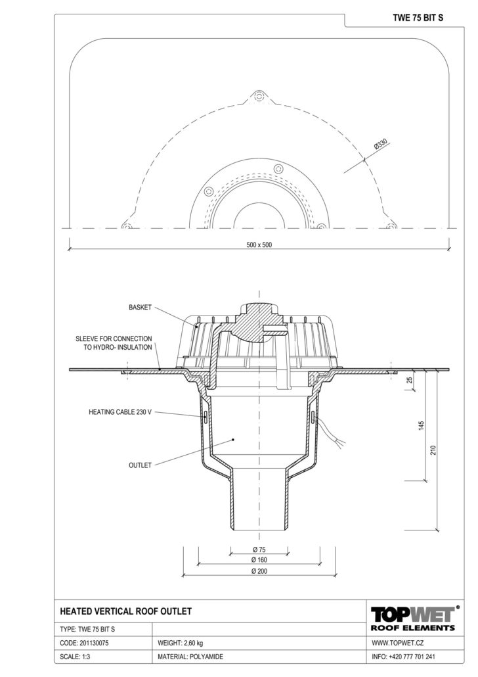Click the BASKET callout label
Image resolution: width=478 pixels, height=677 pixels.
click(141, 308)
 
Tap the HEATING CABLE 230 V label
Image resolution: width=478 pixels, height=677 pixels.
click(120, 412)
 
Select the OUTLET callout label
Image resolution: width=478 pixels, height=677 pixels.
click(141, 465)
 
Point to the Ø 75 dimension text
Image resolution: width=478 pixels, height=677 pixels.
click(259, 549)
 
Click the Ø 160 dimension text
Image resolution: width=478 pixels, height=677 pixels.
click(259, 560)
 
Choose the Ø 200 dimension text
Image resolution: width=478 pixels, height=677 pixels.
click(259, 571)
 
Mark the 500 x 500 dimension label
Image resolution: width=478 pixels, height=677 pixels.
click(259, 245)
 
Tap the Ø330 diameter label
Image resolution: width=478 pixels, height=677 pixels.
click(381, 145)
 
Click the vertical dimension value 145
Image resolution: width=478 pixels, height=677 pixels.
click(422, 426)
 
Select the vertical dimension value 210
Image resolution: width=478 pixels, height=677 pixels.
click(433, 450)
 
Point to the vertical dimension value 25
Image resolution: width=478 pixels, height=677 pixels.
click(410, 381)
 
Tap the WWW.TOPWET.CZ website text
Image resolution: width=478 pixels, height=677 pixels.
click(398, 643)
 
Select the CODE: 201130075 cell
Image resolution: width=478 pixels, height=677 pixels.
click(85, 643)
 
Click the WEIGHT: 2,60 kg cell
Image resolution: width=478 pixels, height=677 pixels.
click(181, 643)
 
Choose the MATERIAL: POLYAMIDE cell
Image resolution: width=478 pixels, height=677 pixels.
click(190, 657)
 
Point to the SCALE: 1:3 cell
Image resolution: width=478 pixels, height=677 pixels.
click(75, 657)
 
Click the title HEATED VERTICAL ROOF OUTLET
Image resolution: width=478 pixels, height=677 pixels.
click(125, 611)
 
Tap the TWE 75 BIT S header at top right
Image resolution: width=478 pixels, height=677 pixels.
click(418, 18)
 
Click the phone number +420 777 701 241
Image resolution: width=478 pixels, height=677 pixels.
click(411, 657)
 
